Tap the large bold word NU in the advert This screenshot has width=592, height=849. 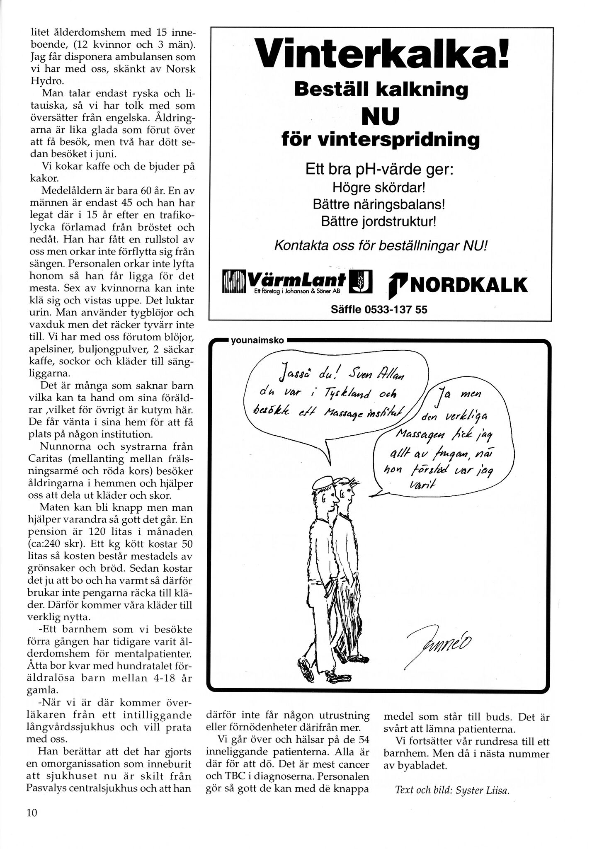click(380, 116)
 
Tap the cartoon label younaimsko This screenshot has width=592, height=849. click(257, 341)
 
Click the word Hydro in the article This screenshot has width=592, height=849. click(44, 80)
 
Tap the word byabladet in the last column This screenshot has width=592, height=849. click(424, 766)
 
